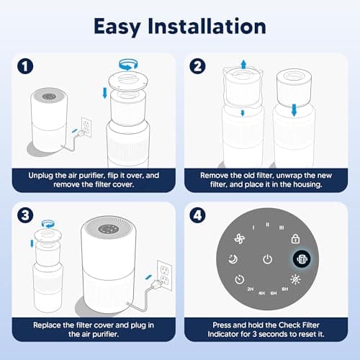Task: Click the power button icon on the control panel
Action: tap(267, 259)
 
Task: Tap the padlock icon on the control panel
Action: tap(294, 238)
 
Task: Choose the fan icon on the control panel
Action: tap(239, 238)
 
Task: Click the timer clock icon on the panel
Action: tap(238, 281)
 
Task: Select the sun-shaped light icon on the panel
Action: tap(296, 280)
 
